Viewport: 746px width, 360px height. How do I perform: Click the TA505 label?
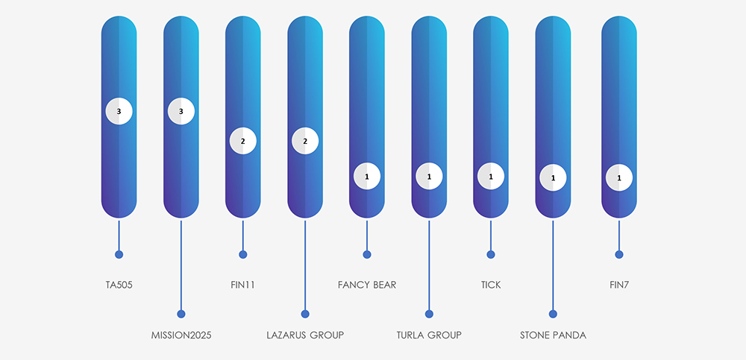(119, 285)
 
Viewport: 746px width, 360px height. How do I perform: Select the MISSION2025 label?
(181, 335)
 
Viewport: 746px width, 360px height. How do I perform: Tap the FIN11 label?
(243, 285)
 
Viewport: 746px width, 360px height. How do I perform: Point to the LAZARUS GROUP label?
(305, 335)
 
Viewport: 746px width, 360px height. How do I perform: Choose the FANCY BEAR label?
(367, 285)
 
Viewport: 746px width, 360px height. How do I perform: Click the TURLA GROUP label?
(429, 335)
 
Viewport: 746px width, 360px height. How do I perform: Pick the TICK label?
(491, 285)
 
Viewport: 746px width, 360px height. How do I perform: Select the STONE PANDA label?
(553, 335)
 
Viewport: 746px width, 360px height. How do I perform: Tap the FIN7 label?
(619, 285)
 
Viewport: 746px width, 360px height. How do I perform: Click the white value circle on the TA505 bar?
(119, 111)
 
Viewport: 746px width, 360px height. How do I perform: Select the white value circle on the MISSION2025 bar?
(181, 111)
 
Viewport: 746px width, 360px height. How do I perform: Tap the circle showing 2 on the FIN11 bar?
(243, 141)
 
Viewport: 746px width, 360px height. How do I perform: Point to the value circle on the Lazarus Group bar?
(305, 141)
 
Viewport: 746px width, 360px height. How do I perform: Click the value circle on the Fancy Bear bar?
(367, 177)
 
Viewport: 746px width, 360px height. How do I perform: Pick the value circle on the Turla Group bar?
(429, 177)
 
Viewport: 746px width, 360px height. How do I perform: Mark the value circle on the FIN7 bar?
(619, 178)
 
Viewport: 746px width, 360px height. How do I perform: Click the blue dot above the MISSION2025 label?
(181, 314)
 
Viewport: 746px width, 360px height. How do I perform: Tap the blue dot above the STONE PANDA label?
(553, 314)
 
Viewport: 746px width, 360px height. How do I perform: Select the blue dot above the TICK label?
(491, 254)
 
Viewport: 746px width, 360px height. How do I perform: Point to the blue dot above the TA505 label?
(119, 254)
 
